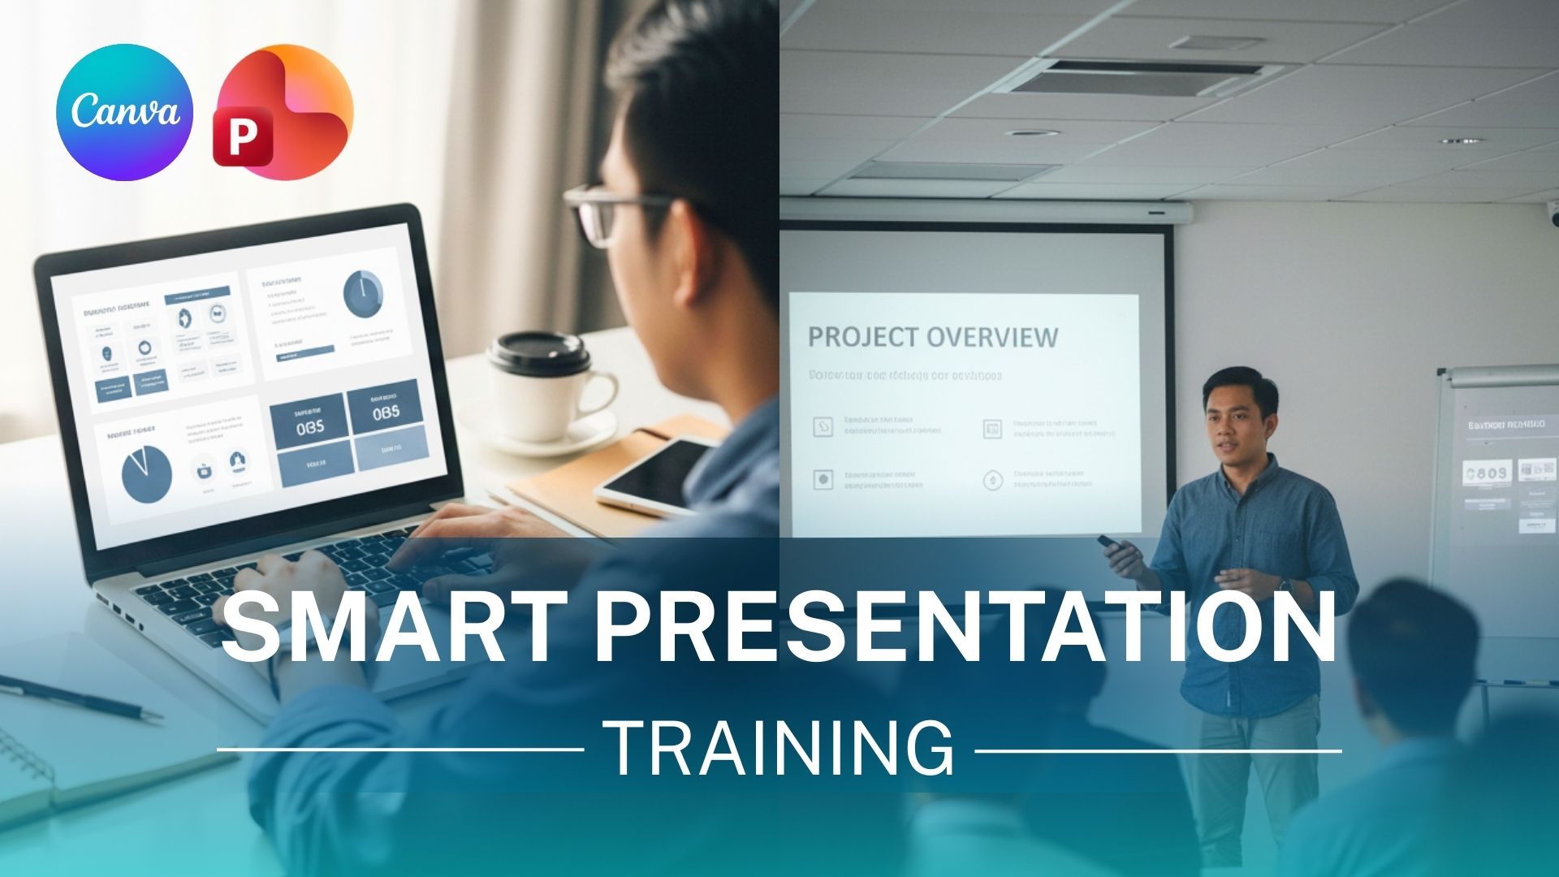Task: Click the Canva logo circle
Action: tap(124, 112)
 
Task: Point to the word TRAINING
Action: tap(779, 749)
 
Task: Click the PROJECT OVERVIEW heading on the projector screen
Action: tap(932, 337)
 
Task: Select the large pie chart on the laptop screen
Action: tap(147, 473)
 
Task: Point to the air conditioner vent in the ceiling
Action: tap(1137, 77)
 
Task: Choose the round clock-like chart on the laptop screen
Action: tap(363, 294)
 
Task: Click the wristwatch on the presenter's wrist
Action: tap(1285, 584)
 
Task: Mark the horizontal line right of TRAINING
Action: tap(1158, 750)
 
